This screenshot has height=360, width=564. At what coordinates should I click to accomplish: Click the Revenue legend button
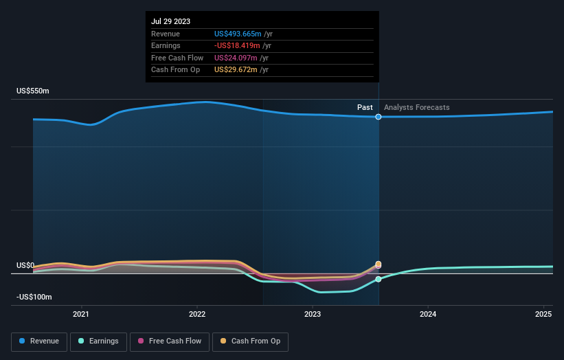pyautogui.click(x=39, y=341)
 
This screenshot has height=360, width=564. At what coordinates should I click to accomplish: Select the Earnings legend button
pyautogui.click(x=98, y=341)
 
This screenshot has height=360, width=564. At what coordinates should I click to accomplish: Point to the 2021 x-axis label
pyautogui.click(x=81, y=314)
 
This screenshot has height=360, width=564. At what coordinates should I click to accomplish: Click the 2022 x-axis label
pyautogui.click(x=197, y=314)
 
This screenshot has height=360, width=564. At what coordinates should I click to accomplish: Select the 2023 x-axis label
pyautogui.click(x=313, y=314)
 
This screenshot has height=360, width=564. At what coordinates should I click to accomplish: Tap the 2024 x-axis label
pyautogui.click(x=428, y=314)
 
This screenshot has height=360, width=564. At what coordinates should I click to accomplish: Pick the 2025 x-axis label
pyautogui.click(x=543, y=314)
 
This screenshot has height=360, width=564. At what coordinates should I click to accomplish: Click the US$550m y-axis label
pyautogui.click(x=33, y=91)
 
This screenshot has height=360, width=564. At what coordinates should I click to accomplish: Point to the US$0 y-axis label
pyautogui.click(x=25, y=265)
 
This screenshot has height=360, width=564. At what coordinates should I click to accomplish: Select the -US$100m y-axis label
pyautogui.click(x=34, y=297)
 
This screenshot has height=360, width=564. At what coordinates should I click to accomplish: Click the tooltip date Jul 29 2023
pyautogui.click(x=171, y=21)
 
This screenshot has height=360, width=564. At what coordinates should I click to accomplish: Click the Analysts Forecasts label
pyautogui.click(x=416, y=107)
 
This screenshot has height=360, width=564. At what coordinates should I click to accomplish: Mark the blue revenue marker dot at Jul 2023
pyautogui.click(x=379, y=117)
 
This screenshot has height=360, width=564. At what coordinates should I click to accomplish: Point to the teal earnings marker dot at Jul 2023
pyautogui.click(x=379, y=279)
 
